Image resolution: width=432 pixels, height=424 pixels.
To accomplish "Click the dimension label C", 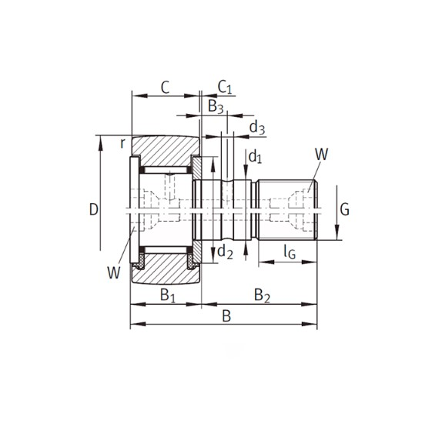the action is (165, 88).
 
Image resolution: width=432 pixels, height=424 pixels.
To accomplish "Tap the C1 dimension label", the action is (225, 88).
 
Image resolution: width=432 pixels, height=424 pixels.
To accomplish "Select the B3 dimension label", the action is (216, 107).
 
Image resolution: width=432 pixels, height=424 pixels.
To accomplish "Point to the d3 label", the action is (257, 128).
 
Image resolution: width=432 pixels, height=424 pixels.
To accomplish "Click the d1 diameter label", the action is (255, 157).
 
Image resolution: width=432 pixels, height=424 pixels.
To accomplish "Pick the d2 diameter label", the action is (225, 252).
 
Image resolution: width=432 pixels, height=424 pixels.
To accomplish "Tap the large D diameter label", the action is (94, 209).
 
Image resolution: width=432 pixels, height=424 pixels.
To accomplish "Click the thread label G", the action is (345, 209).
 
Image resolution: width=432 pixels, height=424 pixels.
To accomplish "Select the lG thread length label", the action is (290, 252).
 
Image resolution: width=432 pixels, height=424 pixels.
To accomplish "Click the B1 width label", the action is (168, 295).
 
